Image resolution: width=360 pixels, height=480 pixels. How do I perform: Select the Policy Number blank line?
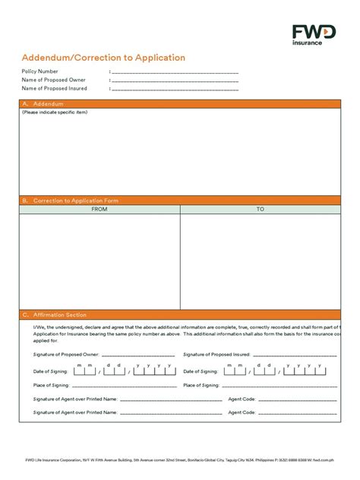[x=175, y=72]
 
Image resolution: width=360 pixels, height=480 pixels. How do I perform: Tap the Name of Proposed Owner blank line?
[x=175, y=81]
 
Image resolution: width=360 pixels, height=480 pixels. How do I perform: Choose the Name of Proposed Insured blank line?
[x=175, y=89]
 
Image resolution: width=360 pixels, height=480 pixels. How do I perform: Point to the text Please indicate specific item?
[x=55, y=112]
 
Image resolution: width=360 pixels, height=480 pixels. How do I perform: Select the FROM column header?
[x=99, y=209]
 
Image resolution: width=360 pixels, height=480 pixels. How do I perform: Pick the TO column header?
[x=261, y=209]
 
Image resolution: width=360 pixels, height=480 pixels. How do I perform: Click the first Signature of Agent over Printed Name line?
[x=171, y=399]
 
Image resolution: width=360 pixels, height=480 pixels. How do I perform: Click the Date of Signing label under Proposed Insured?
[x=201, y=371]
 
